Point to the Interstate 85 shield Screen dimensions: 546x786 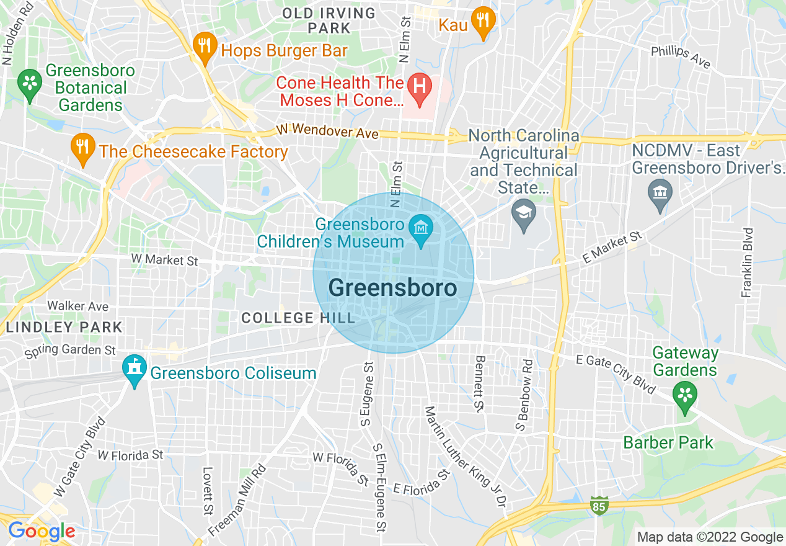pos(599,504)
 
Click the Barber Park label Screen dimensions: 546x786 pos(668,443)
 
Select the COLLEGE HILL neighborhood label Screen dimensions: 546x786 pos(298,318)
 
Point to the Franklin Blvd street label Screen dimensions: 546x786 pos(748,262)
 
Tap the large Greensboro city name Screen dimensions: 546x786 pos(392,288)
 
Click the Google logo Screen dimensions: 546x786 pos(42,532)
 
